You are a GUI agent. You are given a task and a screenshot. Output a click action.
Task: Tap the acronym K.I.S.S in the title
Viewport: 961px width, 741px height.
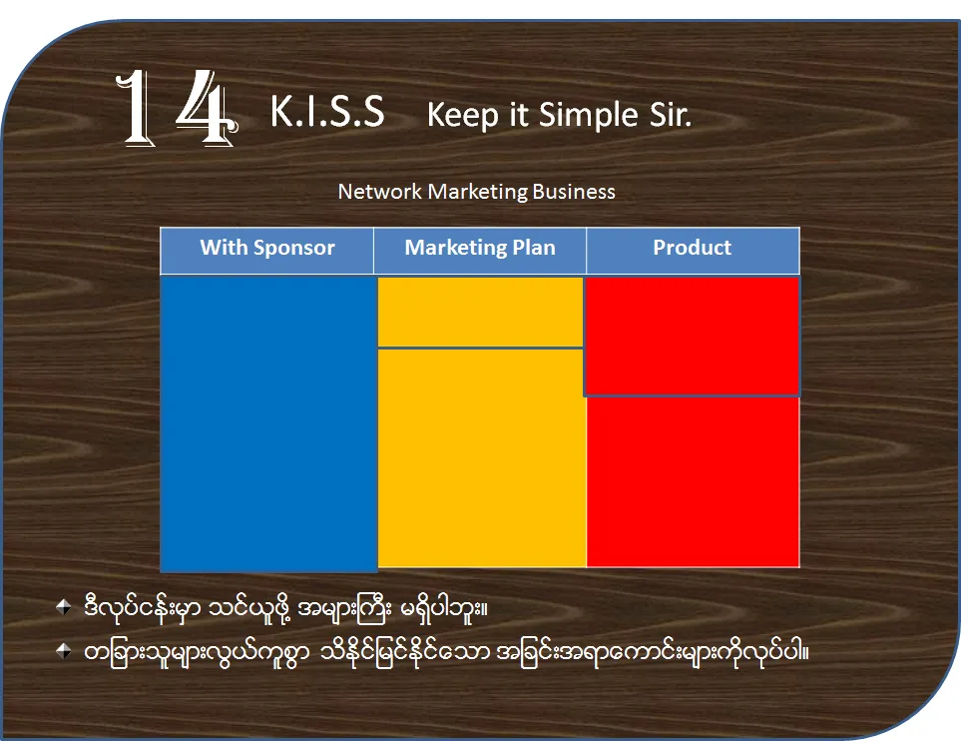(327, 112)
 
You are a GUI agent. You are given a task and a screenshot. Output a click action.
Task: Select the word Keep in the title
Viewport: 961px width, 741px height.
(463, 115)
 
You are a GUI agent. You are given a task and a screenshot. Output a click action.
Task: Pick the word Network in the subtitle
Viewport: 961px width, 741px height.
(380, 192)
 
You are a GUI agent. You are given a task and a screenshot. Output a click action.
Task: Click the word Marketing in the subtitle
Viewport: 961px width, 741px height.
(477, 192)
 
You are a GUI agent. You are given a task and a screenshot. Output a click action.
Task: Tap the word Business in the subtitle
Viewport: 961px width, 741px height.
(574, 192)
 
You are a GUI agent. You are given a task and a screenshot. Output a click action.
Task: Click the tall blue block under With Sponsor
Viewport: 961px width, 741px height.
(268, 423)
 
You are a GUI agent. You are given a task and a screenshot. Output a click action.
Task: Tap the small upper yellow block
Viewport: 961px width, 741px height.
(481, 313)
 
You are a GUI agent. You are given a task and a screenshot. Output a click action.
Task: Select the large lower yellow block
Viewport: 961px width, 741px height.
(482, 457)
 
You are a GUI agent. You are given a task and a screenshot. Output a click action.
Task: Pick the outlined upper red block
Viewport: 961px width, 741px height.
(692, 337)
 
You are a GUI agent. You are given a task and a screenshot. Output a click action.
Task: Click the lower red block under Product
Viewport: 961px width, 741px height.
(693, 482)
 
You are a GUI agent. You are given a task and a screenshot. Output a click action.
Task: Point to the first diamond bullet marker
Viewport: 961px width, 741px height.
(63, 607)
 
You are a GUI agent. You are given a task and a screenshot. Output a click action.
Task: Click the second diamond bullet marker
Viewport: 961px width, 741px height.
(63, 650)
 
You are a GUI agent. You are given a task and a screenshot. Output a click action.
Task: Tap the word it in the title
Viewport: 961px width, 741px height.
(519, 114)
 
